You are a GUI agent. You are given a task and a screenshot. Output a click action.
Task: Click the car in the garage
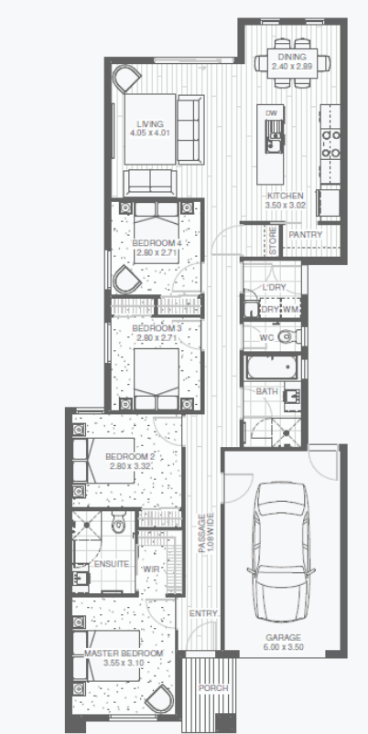[x=281, y=552]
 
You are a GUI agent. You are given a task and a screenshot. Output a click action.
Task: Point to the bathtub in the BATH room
[x=272, y=367]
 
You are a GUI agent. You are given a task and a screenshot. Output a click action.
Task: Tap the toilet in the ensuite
[x=118, y=523]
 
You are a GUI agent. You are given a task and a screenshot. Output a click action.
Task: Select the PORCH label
[x=213, y=688]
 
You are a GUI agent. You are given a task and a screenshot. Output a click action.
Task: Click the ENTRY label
[x=203, y=613]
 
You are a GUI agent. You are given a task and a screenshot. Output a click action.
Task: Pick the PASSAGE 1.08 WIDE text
[x=206, y=533]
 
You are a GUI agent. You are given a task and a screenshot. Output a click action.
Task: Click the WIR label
[x=151, y=569]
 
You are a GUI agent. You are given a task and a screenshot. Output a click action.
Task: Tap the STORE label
[x=274, y=240]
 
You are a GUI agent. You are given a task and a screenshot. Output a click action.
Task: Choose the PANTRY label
[x=305, y=234]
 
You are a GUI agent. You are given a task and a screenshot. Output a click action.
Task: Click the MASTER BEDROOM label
[x=124, y=654]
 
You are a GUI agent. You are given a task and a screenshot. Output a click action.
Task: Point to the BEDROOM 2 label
[x=124, y=456]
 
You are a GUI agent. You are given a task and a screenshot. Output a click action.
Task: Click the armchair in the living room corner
[x=127, y=79]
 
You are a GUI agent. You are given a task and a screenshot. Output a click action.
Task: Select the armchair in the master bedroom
[x=161, y=699]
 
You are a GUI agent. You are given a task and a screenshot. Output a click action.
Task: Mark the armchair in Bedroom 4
[x=126, y=280]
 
